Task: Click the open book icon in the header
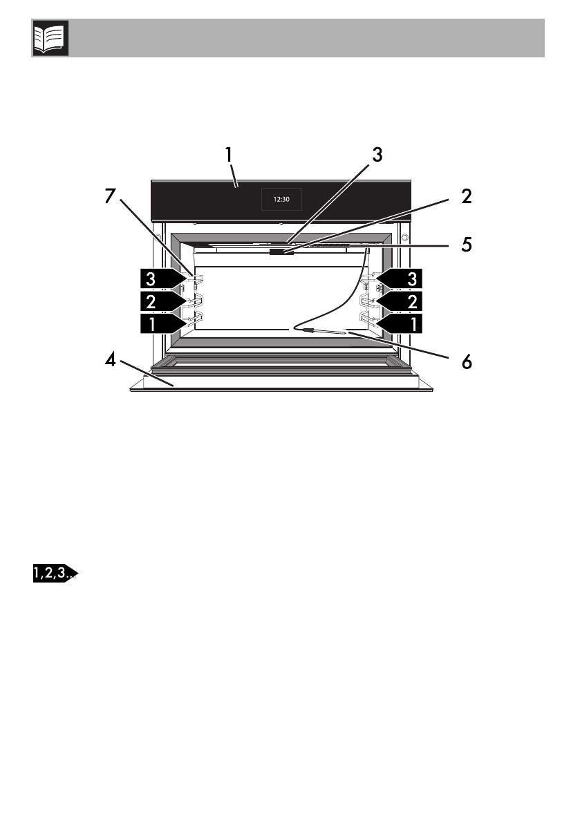point(50,38)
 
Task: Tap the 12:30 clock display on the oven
point(281,200)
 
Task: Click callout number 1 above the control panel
point(228,155)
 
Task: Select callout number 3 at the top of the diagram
point(377,155)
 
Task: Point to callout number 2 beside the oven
point(466,196)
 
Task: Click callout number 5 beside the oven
point(467,245)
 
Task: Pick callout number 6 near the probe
point(467,361)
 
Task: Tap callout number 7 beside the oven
point(110,196)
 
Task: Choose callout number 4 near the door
point(110,360)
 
